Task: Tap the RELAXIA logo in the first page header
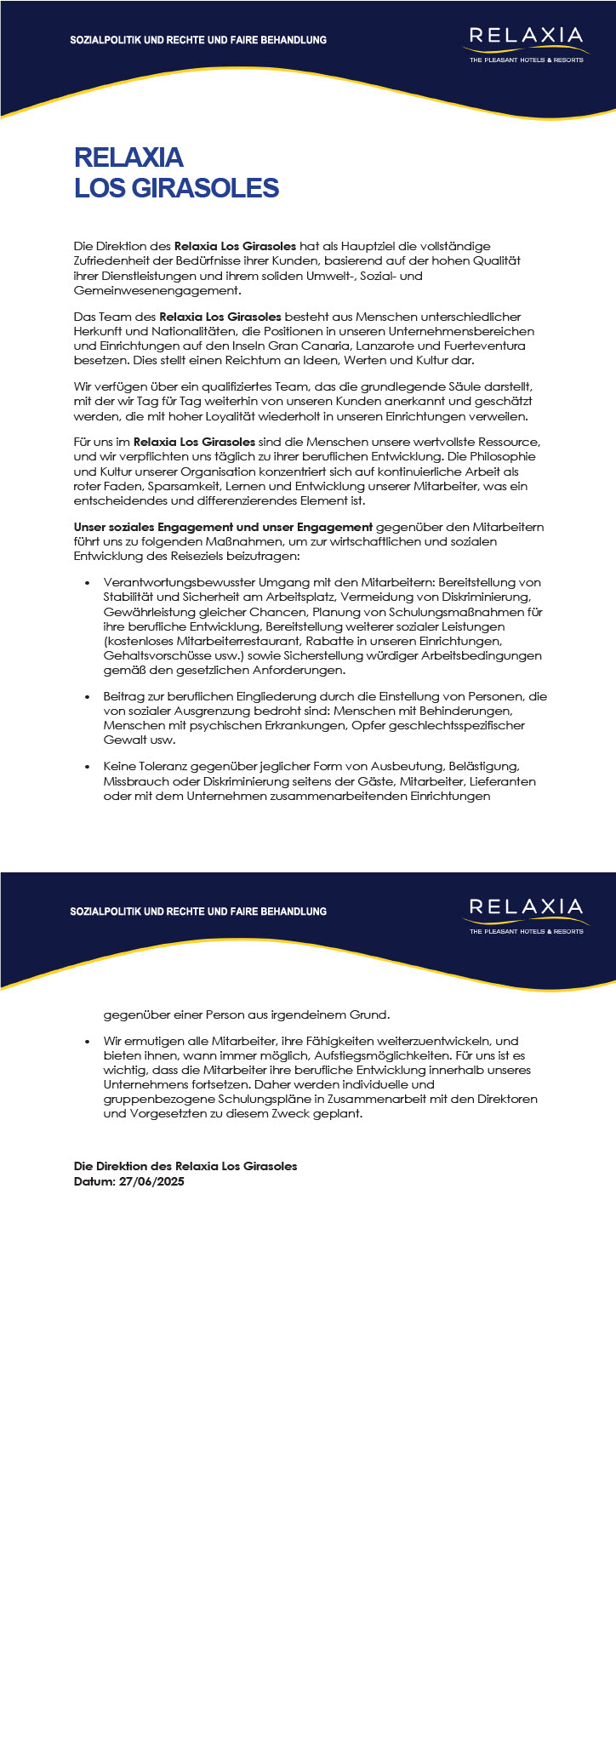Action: [526, 43]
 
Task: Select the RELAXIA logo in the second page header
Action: [526, 914]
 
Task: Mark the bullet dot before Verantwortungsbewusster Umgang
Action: [88, 583]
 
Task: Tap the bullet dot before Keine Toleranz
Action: [88, 767]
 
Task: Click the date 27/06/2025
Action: [153, 1181]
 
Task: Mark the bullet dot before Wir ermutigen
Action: [88, 1041]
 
